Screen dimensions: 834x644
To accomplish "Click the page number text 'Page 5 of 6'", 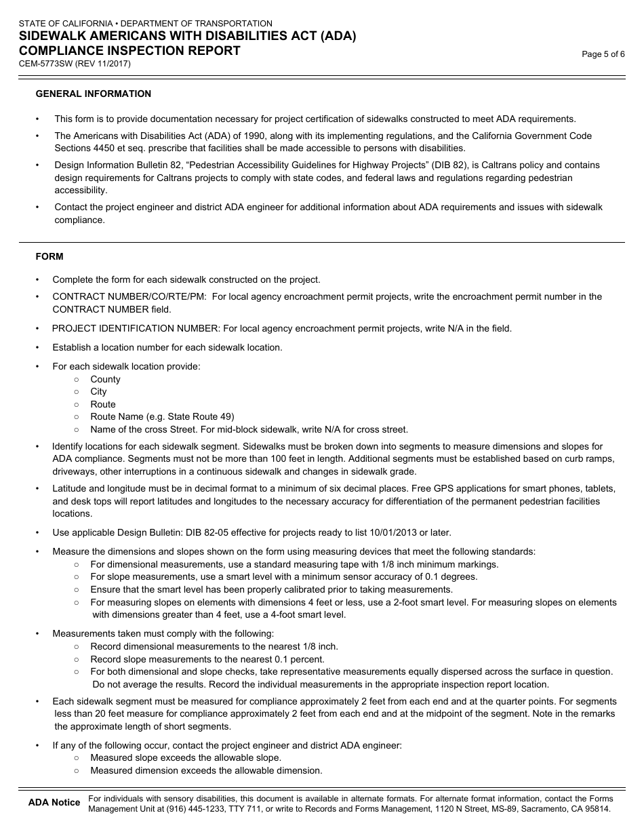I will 603,55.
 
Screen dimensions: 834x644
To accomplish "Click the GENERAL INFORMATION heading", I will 94,94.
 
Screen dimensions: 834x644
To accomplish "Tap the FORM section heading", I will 49,256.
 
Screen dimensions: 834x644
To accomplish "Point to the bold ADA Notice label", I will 54,803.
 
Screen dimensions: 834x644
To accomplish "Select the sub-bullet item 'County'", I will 105,379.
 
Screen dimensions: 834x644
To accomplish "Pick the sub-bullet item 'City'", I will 98,391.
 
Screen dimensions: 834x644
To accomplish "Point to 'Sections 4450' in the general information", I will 85,148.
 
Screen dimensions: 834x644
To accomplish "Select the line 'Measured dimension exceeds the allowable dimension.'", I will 206,770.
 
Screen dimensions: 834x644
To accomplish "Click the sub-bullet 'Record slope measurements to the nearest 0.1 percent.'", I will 207,659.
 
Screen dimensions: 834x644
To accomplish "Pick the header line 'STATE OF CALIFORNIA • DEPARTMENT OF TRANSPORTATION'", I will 146,24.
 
